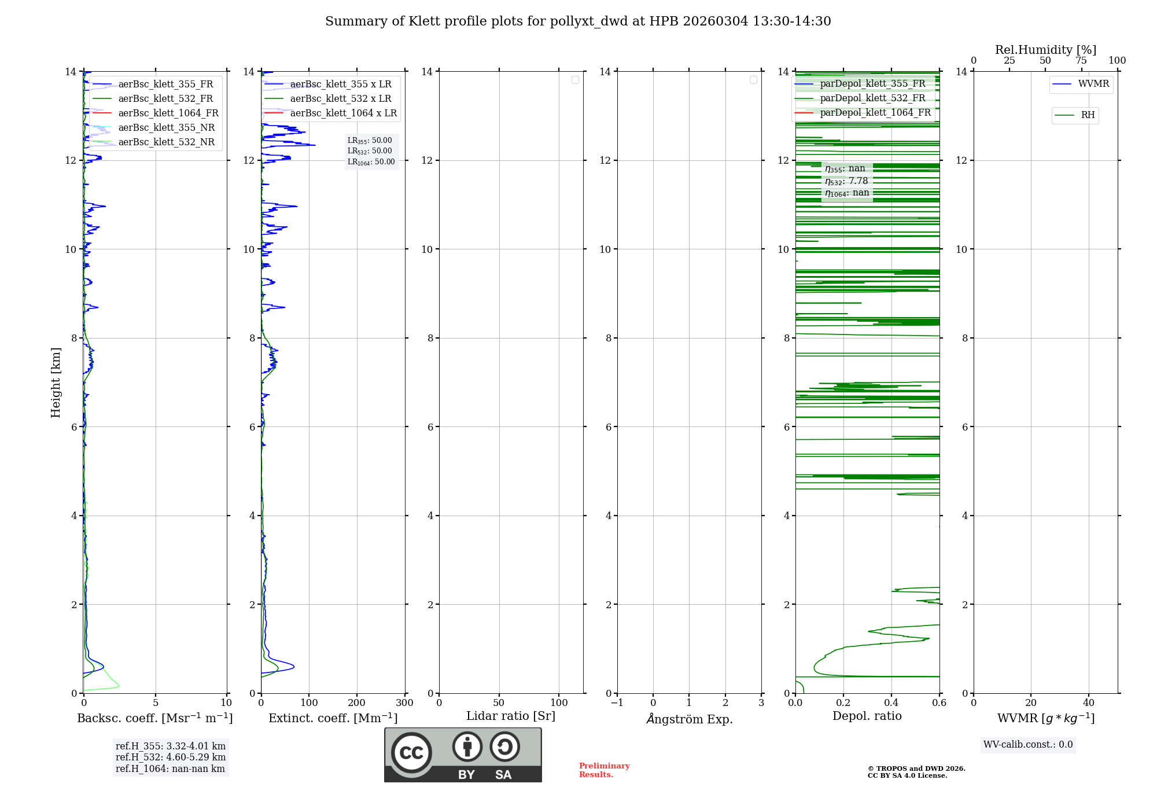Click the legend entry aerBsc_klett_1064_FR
[168, 113]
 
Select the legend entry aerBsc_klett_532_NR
[166, 142]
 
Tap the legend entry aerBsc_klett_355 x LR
[340, 84]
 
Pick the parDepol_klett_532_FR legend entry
[872, 98]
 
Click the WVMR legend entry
[1093, 84]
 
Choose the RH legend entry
[1088, 115]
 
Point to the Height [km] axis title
[56, 383]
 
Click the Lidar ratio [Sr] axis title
[511, 716]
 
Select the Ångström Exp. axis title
[689, 719]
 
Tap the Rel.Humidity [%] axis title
[1045, 50]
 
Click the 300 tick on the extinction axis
[404, 703]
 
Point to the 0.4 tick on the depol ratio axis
[891, 703]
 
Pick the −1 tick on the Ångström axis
[617, 703]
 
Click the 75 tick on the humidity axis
[1081, 61]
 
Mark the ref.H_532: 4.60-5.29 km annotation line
[171, 757]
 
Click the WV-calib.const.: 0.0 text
[1028, 745]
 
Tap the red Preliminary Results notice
[604, 770]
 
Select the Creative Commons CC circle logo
[411, 753]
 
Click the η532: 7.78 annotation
[846, 181]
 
